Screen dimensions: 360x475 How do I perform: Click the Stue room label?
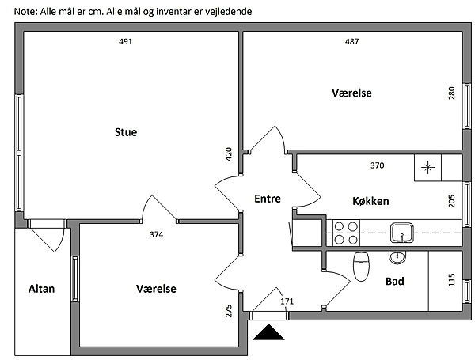coord(126,132)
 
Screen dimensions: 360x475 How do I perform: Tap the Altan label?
coord(41,288)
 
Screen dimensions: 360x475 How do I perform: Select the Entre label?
coord(268,199)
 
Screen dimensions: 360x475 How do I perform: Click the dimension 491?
coord(124,41)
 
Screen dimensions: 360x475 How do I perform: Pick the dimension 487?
coord(352,41)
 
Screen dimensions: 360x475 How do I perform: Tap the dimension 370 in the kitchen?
coord(377,165)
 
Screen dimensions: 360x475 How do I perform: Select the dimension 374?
coord(157,234)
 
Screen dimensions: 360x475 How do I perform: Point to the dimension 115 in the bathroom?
coord(451,280)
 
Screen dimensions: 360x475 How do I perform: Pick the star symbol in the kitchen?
coord(427,167)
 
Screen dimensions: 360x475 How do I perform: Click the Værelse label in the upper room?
coord(351,93)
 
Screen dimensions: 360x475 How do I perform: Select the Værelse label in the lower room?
coord(156,289)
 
